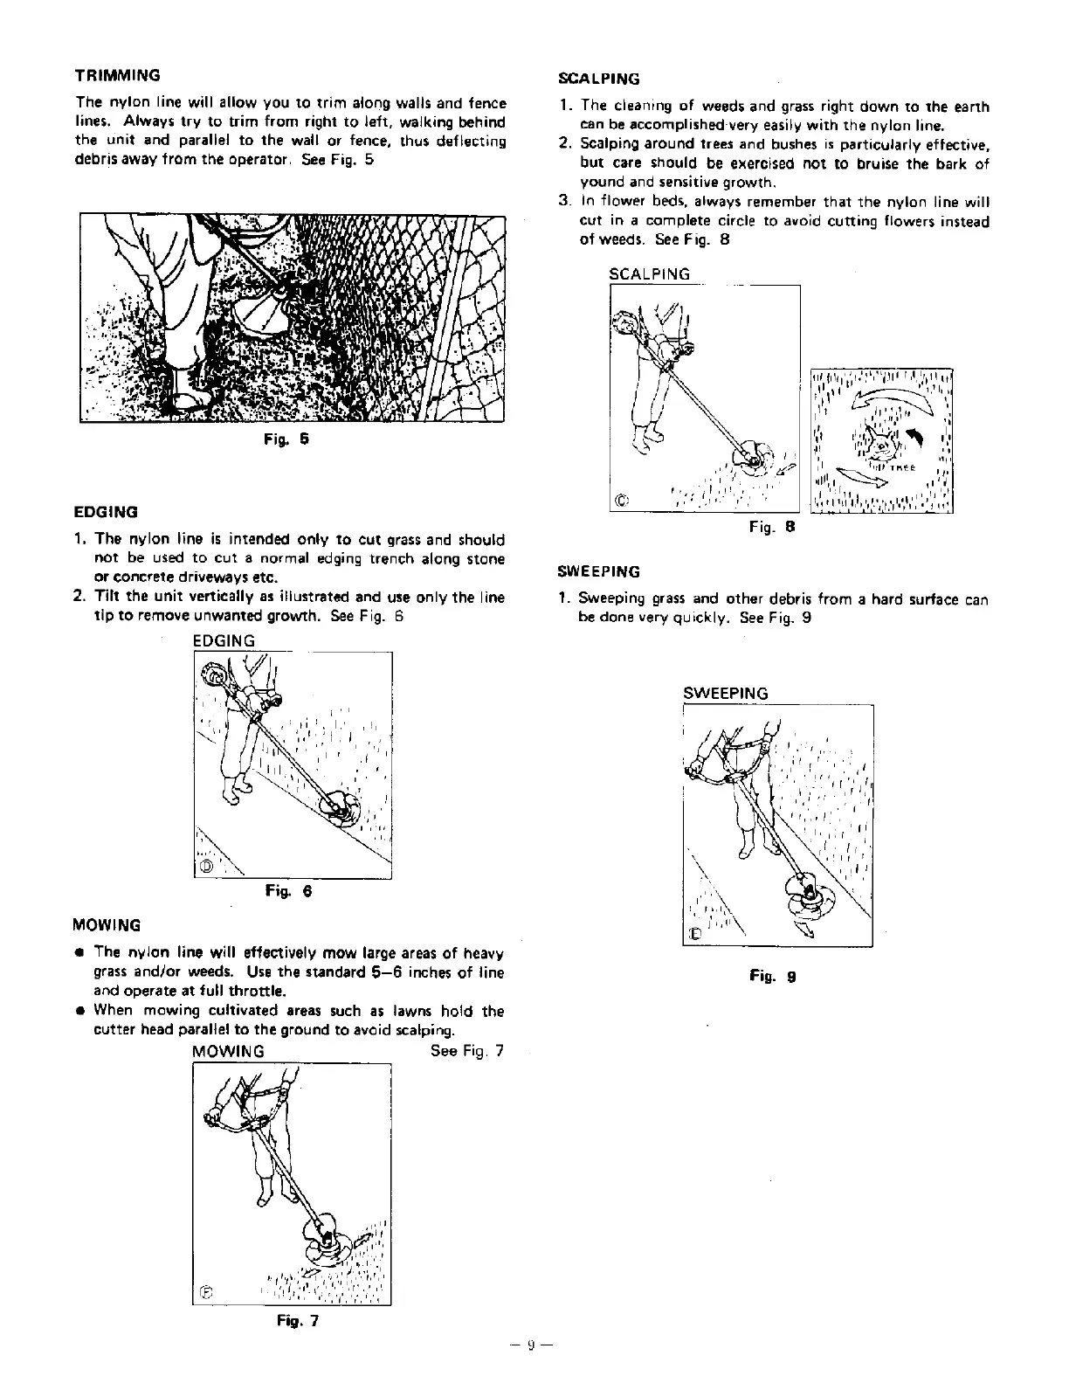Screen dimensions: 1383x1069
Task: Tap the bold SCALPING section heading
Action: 598,79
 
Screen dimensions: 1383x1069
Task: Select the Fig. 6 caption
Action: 288,892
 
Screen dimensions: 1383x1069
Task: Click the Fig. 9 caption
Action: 772,977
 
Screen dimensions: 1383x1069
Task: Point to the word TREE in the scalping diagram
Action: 901,467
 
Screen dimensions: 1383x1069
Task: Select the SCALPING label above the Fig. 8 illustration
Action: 649,274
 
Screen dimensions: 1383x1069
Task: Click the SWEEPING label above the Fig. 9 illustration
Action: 725,694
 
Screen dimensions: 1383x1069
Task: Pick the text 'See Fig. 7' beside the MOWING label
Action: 467,1051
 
